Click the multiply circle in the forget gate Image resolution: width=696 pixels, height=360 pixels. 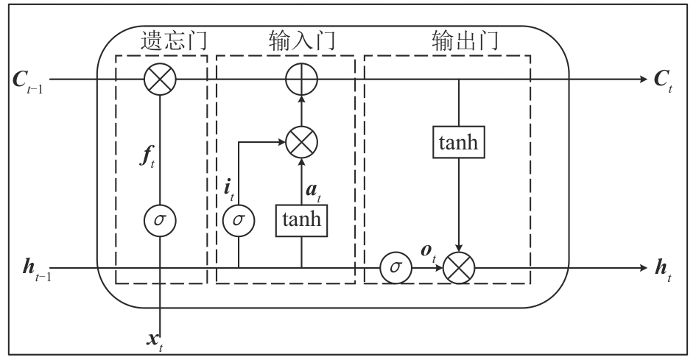click(160, 80)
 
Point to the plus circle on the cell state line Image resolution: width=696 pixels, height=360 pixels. click(300, 80)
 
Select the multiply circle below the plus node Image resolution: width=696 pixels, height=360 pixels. click(300, 141)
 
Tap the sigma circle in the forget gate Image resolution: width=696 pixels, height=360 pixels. click(160, 219)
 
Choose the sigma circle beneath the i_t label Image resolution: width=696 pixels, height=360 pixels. click(239, 219)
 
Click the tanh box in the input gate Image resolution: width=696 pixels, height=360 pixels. click(301, 219)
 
